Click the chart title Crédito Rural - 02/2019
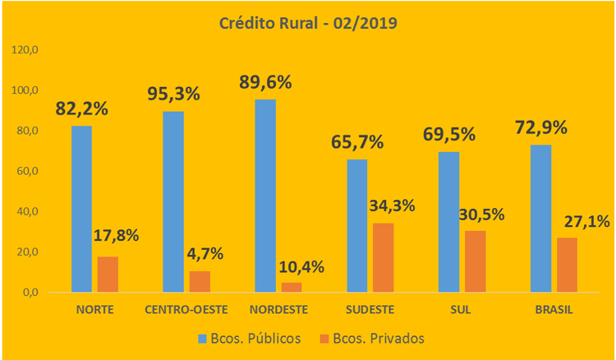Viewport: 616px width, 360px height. point(308,23)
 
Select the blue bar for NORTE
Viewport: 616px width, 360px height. point(81,209)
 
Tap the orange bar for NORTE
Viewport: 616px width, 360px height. point(108,275)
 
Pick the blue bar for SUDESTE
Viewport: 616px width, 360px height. point(357,225)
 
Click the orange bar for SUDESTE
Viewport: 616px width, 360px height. point(384,257)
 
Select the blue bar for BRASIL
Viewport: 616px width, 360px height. point(540,218)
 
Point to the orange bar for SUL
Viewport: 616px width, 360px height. point(475,261)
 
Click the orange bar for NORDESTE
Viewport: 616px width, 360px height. point(292,288)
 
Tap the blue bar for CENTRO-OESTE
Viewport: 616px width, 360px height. point(173,201)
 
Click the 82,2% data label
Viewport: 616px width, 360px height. point(83,108)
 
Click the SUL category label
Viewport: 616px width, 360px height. point(462,310)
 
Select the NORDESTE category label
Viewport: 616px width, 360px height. point(278,310)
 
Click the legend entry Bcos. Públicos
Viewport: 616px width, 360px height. point(249,338)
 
